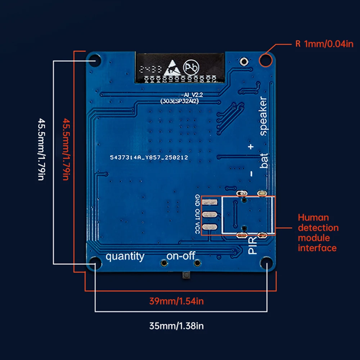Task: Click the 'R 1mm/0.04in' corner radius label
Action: click(324, 45)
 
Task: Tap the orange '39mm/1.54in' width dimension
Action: click(176, 301)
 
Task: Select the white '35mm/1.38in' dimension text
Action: click(176, 326)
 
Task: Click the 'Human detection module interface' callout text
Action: click(318, 233)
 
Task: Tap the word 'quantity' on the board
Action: click(125, 257)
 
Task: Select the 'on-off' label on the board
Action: click(180, 256)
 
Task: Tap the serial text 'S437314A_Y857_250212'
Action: click(149, 158)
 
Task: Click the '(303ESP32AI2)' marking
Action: click(180, 102)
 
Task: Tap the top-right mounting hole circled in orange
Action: click(266, 59)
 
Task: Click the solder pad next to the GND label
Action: click(209, 203)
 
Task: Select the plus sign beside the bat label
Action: click(251, 147)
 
